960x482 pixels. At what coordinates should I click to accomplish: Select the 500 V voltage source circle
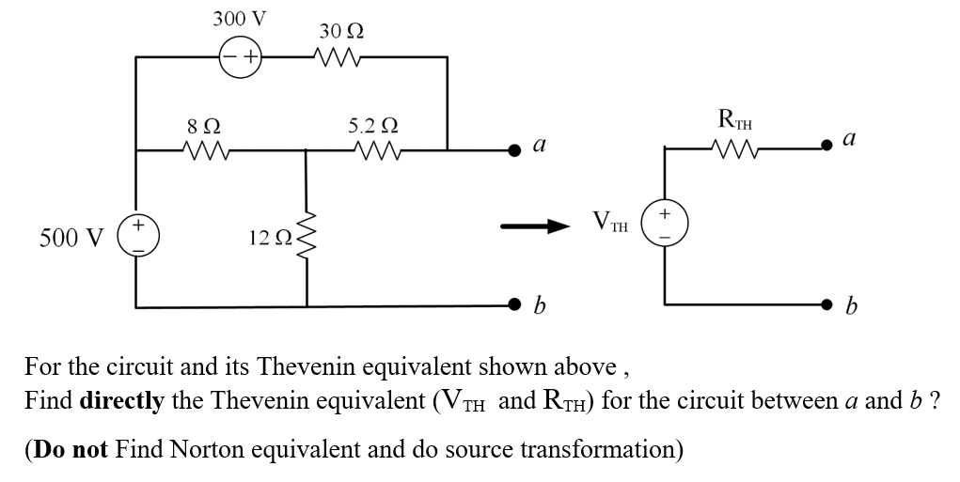pyautogui.click(x=137, y=234)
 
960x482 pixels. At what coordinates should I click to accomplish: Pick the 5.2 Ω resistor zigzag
pyautogui.click(x=373, y=148)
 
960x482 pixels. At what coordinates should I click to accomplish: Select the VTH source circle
pyautogui.click(x=665, y=225)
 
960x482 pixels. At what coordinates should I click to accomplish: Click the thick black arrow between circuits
pyautogui.click(x=535, y=225)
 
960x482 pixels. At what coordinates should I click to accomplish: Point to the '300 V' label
pyautogui.click(x=239, y=19)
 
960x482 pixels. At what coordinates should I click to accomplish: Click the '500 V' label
pyautogui.click(x=71, y=236)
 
